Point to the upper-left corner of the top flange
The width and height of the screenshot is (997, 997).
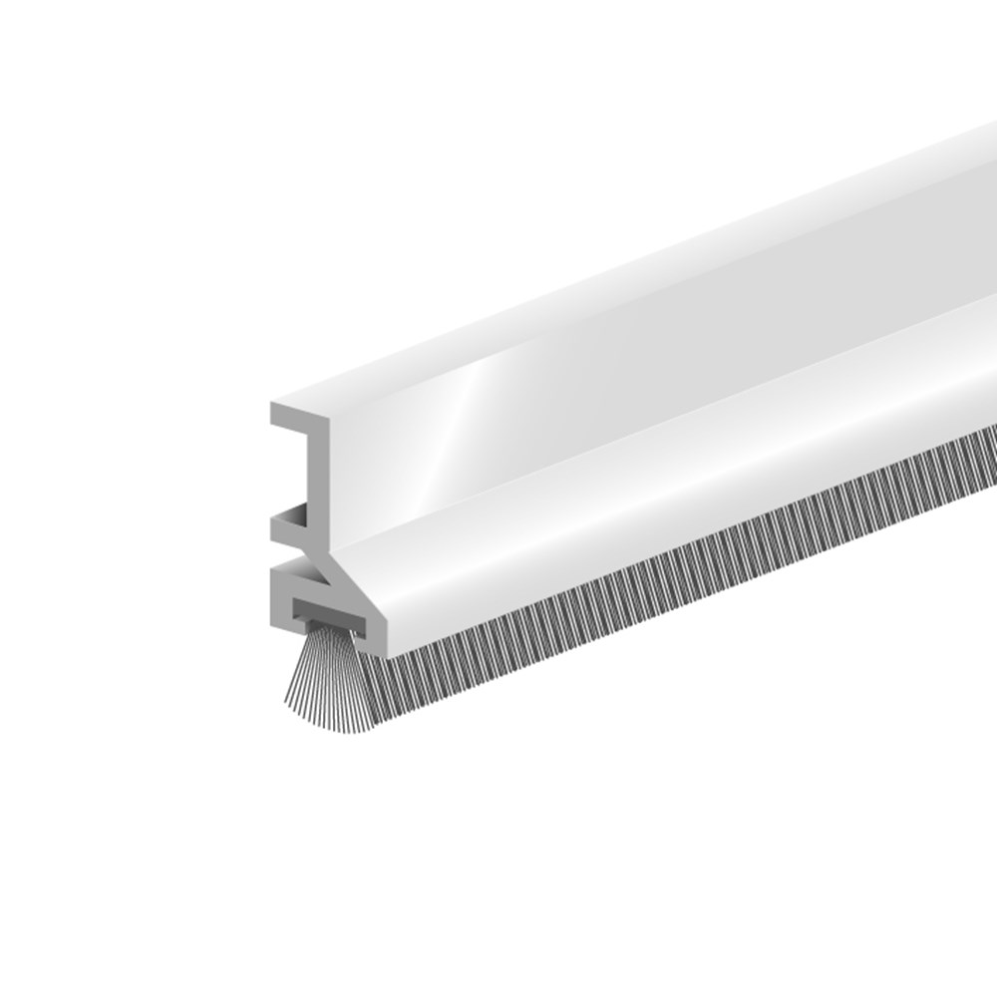coord(272,405)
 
